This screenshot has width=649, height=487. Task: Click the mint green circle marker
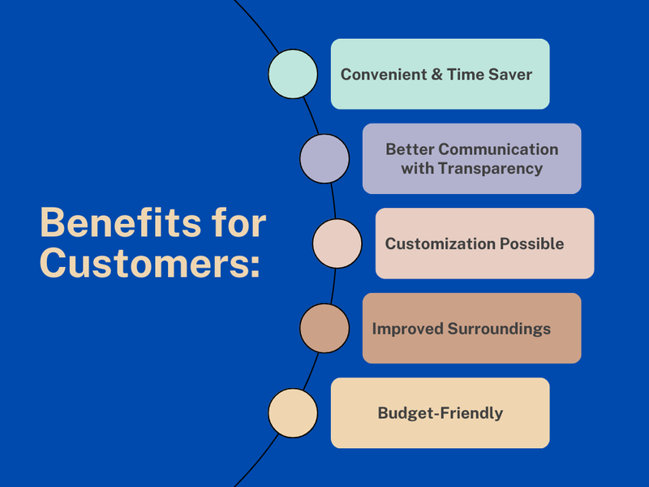pyautogui.click(x=293, y=74)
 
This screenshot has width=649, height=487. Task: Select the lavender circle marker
pyautogui.click(x=324, y=158)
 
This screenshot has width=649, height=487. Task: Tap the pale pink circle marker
pyautogui.click(x=337, y=243)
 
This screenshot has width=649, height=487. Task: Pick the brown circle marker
pyautogui.click(x=324, y=329)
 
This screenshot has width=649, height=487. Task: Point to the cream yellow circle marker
pyautogui.click(x=293, y=413)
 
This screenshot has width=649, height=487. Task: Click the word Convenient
pyautogui.click(x=384, y=75)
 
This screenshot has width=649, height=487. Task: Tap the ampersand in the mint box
pyautogui.click(x=436, y=75)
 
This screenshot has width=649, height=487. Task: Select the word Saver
pyautogui.click(x=510, y=75)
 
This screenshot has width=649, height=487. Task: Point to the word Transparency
pyautogui.click(x=491, y=169)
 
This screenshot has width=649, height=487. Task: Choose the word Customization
pyautogui.click(x=440, y=243)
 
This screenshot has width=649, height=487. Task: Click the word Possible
pyautogui.click(x=532, y=243)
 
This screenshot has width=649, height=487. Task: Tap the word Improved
pyautogui.click(x=408, y=329)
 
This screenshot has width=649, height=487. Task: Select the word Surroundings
pyautogui.click(x=499, y=329)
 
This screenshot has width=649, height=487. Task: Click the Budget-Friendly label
pyautogui.click(x=441, y=413)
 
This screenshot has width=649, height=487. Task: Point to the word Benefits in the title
pyautogui.click(x=120, y=222)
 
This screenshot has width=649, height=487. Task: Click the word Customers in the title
pyautogui.click(x=144, y=263)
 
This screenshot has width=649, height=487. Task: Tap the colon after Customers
pyautogui.click(x=255, y=266)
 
